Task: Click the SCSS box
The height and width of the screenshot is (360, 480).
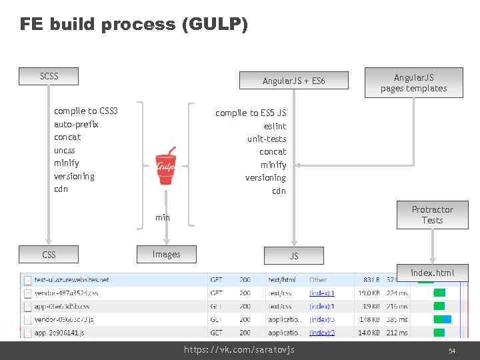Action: [49, 76]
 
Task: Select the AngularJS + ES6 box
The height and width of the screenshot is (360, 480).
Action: [295, 81]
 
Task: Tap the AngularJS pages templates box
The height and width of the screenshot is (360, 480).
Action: [413, 83]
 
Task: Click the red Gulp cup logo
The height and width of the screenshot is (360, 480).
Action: [165, 166]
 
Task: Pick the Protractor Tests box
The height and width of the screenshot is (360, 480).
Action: [432, 215]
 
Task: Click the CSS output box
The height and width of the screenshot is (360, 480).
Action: [49, 254]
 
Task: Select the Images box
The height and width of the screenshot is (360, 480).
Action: [166, 254]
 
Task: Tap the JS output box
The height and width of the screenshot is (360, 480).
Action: [294, 255]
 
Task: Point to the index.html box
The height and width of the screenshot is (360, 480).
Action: [432, 273]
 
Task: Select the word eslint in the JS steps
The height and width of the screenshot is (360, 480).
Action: [275, 126]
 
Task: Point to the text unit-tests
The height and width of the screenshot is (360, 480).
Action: [267, 139]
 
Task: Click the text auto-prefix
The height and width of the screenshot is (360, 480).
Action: [76, 124]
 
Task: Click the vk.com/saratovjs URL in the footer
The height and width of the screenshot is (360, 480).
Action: [239, 350]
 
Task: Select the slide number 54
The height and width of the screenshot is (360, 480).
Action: [451, 351]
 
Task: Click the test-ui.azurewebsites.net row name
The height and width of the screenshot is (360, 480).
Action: [71, 280]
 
